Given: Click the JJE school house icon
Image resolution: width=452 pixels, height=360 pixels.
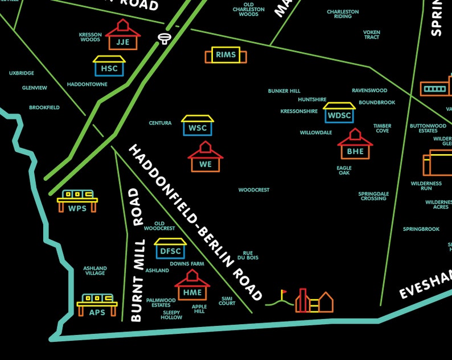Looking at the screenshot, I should pyautogui.click(x=122, y=35).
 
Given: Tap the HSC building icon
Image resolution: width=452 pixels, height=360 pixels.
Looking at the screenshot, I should pyautogui.click(x=109, y=65).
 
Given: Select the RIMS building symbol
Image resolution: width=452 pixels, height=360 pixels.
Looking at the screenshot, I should pyautogui.click(x=226, y=55).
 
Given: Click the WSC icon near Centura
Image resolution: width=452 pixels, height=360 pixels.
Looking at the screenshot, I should pyautogui.click(x=198, y=125).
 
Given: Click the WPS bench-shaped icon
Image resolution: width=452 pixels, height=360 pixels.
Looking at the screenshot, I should pyautogui.click(x=77, y=201).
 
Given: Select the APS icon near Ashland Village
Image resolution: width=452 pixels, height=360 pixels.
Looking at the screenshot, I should pyautogui.click(x=97, y=305).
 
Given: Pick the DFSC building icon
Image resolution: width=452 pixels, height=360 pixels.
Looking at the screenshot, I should pyautogui.click(x=170, y=248).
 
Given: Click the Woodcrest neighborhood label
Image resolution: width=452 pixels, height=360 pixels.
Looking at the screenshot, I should pyautogui.click(x=254, y=190).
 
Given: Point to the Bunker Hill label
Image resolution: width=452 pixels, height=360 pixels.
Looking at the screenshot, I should pyautogui.click(x=284, y=91).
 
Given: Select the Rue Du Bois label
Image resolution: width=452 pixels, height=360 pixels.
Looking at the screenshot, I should pyautogui.click(x=248, y=255).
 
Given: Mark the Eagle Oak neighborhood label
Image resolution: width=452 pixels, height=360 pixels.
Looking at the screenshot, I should pyautogui.click(x=344, y=171).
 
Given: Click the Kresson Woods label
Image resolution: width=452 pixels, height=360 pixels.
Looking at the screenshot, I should pyautogui.click(x=90, y=37).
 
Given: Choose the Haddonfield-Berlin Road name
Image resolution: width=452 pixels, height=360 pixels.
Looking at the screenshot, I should pyautogui.click(x=195, y=222).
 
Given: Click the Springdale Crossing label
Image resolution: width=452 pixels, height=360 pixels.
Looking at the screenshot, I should pyautogui.click(x=373, y=196).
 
